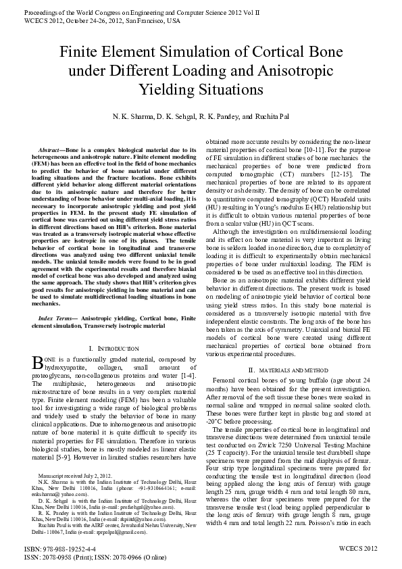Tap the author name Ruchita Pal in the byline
[x=280, y=116]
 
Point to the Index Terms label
[x=57, y=317]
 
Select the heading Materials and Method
[x=286, y=370]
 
